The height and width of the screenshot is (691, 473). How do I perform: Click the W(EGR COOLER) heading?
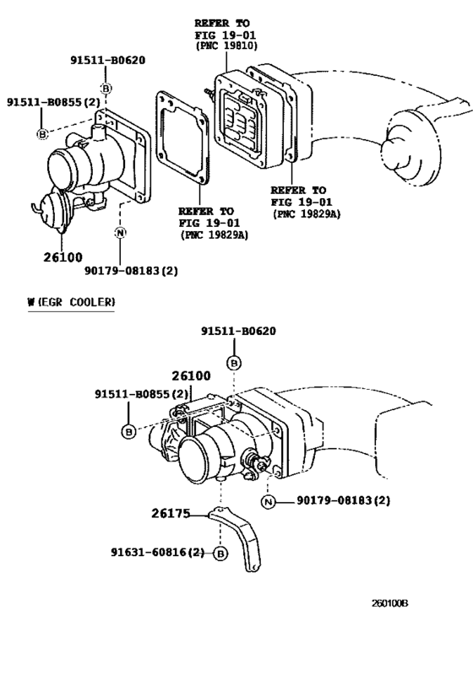coord(71,301)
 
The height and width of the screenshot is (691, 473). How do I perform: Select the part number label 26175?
coord(170,512)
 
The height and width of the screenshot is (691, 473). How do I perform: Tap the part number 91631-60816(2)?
coord(158,553)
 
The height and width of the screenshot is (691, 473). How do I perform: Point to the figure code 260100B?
coord(390,604)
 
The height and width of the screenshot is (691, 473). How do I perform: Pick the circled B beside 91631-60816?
coord(220,554)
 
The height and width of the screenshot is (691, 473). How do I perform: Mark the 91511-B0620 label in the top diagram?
coord(107,60)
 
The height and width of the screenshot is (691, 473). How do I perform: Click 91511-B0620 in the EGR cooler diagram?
coord(238,332)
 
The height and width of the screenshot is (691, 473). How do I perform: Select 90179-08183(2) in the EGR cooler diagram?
coord(344,501)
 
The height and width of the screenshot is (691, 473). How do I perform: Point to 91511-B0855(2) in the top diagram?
coord(54,102)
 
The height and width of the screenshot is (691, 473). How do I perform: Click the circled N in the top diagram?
coord(120,234)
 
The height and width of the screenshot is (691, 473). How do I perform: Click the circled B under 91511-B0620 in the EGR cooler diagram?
coord(235,362)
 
